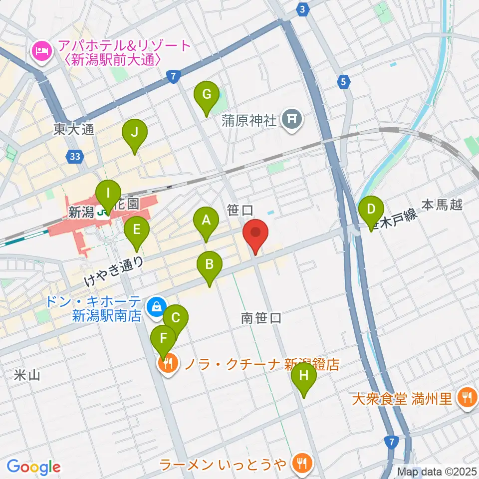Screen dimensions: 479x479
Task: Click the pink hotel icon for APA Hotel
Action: click(x=40, y=51)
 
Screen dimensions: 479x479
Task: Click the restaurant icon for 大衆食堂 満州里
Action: click(x=467, y=397)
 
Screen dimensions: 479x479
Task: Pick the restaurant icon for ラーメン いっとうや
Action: click(x=301, y=464)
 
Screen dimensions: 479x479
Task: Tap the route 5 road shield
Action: click(x=344, y=81)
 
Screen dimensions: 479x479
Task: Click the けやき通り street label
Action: click(x=114, y=271)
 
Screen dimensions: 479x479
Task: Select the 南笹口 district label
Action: click(x=261, y=317)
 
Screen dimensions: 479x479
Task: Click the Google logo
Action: click(x=34, y=467)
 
